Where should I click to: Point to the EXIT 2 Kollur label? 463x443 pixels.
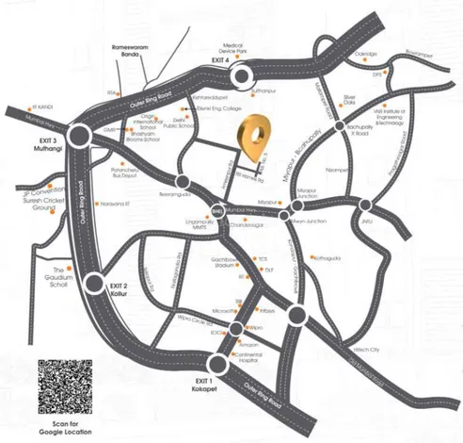[118, 287]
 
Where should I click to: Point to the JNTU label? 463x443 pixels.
[380, 222]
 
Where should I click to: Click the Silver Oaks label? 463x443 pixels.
[353, 101]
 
